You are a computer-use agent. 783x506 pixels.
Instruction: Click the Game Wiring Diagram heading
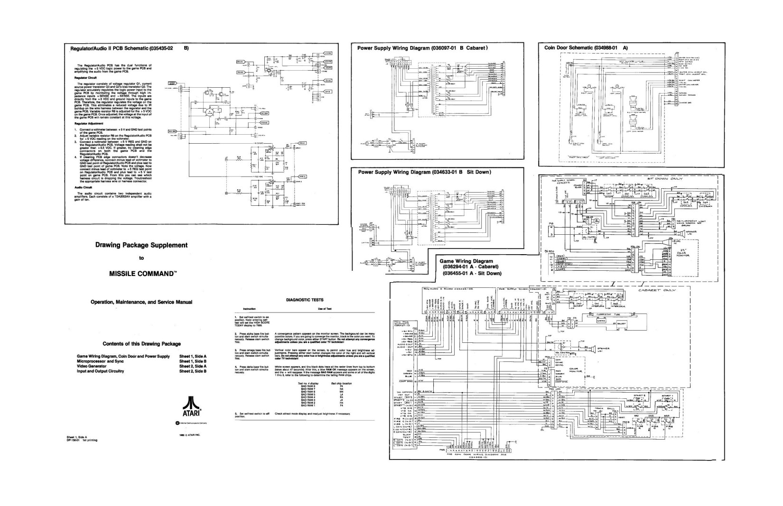coord(466,261)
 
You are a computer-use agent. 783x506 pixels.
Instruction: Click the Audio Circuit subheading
coord(82,187)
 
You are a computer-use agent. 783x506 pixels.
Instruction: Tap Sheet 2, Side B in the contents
coord(193,371)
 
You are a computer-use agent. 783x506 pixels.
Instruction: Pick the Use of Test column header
coord(324,308)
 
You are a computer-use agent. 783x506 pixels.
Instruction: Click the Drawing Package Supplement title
coord(141,245)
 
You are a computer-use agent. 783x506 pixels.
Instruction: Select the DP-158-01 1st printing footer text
coord(82,440)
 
